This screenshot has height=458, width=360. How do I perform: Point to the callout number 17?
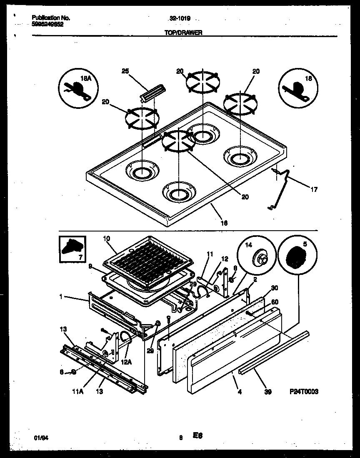[x=314, y=189]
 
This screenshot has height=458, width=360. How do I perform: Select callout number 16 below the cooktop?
[x=224, y=223]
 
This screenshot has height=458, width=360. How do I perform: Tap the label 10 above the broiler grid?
[x=106, y=238]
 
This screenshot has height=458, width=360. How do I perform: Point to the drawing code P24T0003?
[x=304, y=392]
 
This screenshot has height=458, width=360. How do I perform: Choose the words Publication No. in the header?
[x=51, y=18]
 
